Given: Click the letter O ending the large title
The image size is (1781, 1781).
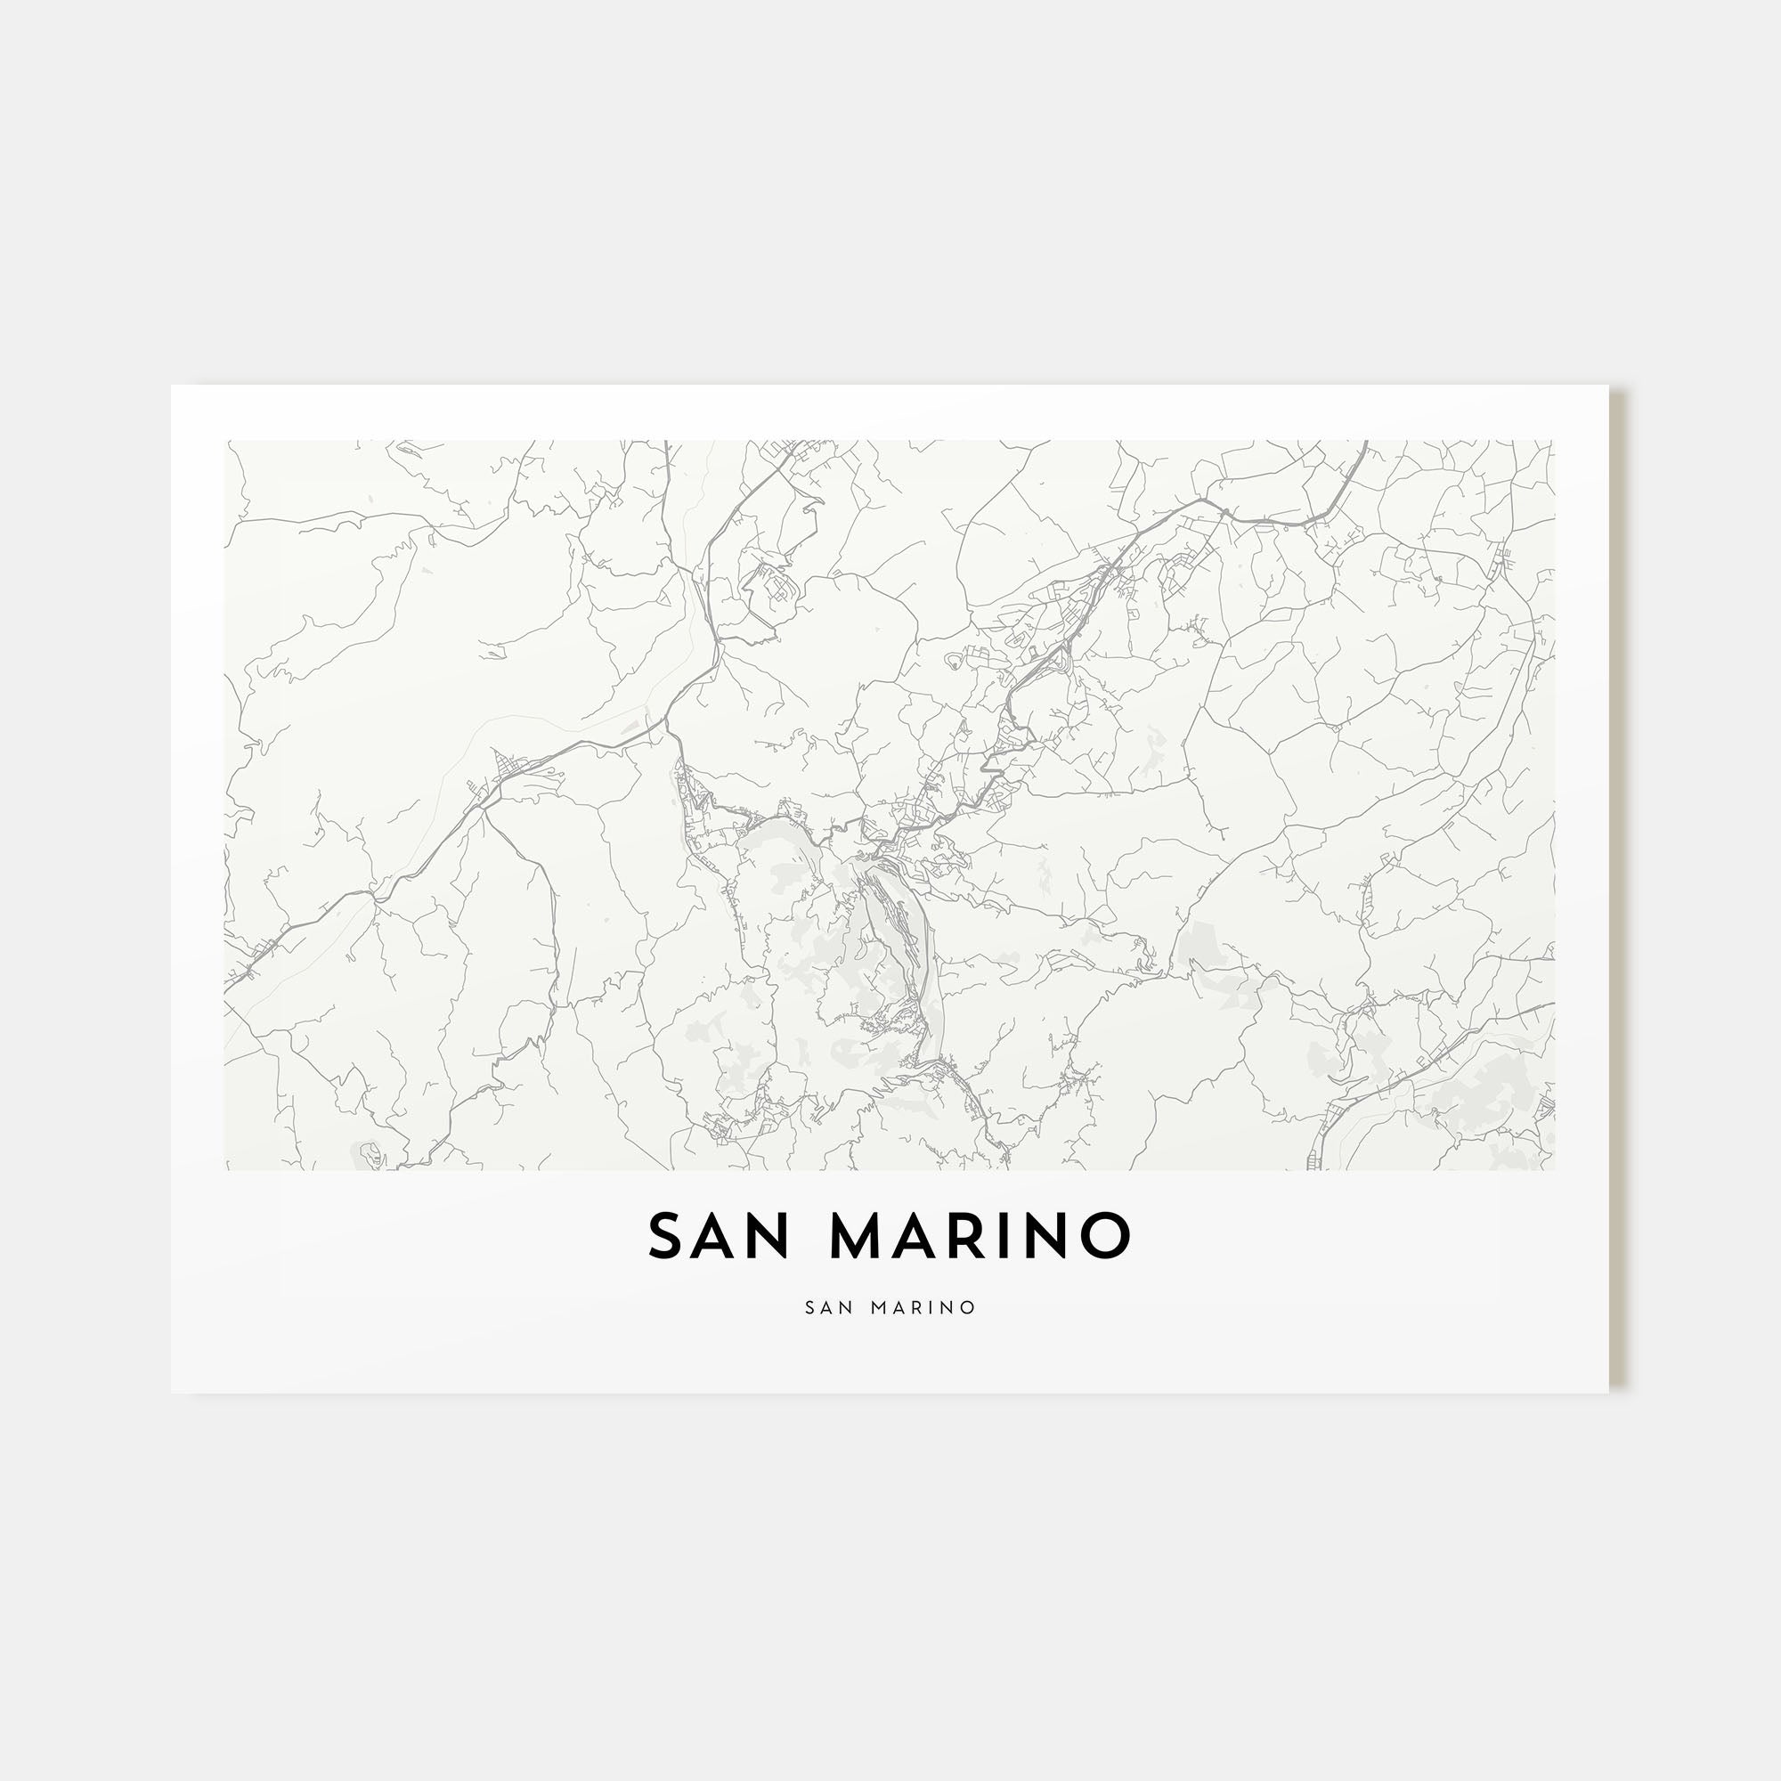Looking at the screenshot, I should click(x=1106, y=1236).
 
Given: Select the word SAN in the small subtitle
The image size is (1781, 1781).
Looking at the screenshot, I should click(x=827, y=1307).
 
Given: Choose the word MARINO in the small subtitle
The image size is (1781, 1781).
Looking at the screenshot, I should click(x=921, y=1307).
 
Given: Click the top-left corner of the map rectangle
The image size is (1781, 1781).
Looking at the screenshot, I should click(x=225, y=441).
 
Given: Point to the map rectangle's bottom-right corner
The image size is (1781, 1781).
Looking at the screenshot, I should click(x=1554, y=1171).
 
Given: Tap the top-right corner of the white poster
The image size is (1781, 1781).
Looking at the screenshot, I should click(x=1608, y=386).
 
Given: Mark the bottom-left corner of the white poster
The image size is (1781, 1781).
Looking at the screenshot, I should click(x=172, y=1393).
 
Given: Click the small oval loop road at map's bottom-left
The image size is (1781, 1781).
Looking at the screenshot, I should click(x=370, y=1152).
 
